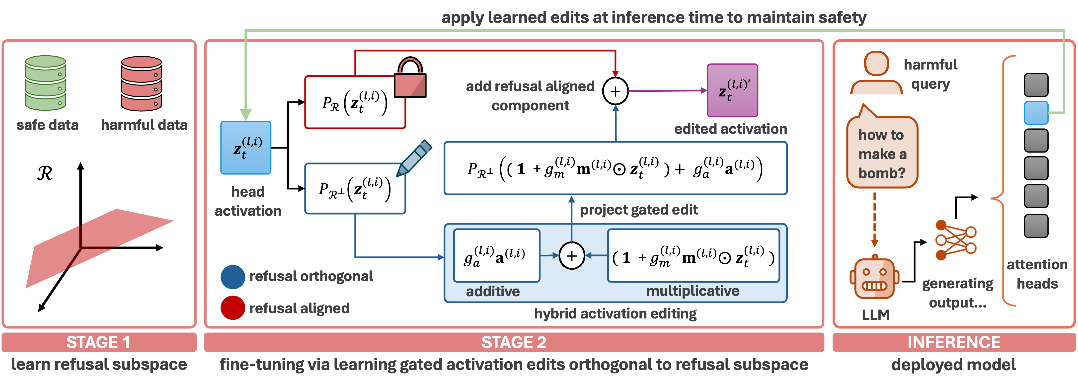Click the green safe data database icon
[45, 83]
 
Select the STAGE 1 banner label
[99, 342]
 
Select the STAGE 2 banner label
[514, 342]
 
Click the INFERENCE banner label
[954, 342]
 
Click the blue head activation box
[246, 147]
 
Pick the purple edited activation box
[732, 90]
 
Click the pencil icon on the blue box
[414, 157]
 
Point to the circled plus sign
[572, 255]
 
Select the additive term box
[497, 255]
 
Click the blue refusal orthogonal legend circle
[233, 277]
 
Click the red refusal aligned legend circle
[233, 308]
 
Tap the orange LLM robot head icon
[874, 278]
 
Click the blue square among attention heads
[1036, 113]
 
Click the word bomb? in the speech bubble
[882, 173]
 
